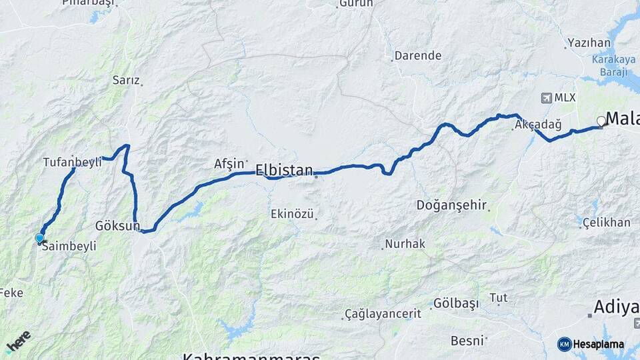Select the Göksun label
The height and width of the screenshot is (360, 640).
click(117, 225)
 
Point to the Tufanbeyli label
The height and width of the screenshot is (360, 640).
click(72, 162)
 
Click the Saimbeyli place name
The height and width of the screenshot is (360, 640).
click(69, 246)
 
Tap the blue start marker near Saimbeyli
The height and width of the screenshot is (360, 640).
click(39, 238)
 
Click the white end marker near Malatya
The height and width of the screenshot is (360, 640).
click(601, 121)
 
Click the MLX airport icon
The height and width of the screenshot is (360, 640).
click(547, 98)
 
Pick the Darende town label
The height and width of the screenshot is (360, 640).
click(418, 56)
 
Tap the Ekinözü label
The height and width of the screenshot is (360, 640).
click(292, 214)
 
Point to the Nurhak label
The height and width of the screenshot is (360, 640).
click(406, 244)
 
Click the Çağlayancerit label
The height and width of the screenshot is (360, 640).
click(383, 313)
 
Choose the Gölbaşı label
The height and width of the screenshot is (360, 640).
click(456, 303)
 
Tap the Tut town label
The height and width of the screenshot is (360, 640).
click(498, 297)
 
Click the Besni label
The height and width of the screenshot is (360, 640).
click(467, 341)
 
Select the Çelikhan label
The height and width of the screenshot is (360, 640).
click(606, 223)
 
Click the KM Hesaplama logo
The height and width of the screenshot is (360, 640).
click(591, 344)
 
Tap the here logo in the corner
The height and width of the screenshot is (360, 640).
click(18, 342)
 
